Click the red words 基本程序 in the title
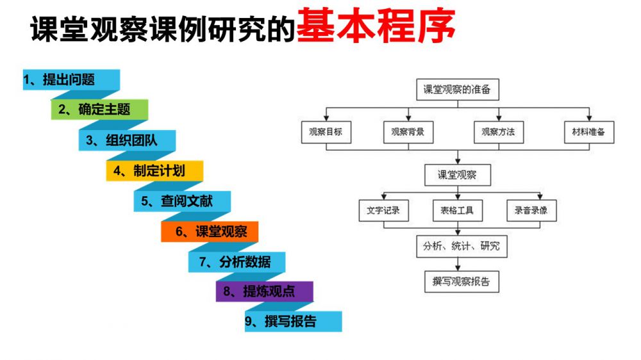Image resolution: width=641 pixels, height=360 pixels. tap(376, 27)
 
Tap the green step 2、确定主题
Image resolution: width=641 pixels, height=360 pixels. tap(99, 110)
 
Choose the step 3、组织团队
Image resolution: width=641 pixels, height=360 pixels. tap(127, 140)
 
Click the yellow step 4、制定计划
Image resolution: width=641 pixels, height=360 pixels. tap(154, 171)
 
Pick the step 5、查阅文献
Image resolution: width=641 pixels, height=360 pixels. tap(182, 201)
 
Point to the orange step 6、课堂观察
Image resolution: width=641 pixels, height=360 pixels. tap(210, 232)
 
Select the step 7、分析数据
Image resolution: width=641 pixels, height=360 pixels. tap(237, 262)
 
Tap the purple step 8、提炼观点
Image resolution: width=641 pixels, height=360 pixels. tap(264, 291)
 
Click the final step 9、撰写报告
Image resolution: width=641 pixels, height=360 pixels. tap(292, 322)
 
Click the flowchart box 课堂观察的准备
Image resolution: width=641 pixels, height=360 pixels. tap(457, 90)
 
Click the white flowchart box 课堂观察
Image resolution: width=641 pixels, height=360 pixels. tap(457, 175)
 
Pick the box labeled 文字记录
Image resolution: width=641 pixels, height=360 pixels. tap(383, 211)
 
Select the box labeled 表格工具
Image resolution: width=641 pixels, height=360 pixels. tap(457, 211)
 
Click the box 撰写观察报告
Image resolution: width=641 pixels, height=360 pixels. tap(457, 281)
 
